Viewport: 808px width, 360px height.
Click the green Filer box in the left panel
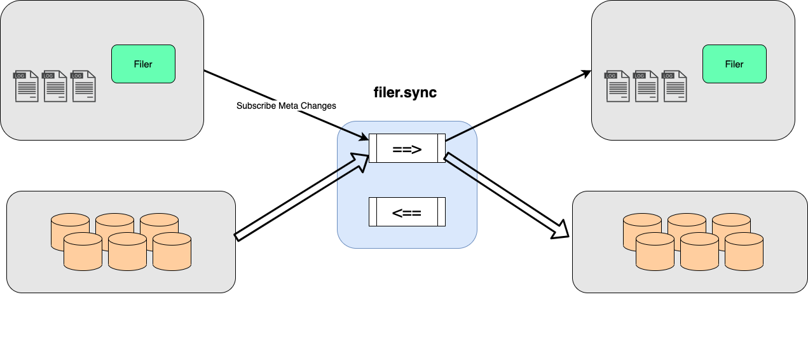pos(143,64)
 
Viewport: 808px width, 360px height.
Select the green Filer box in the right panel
pos(734,64)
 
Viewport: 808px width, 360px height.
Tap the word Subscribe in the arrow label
pos(256,106)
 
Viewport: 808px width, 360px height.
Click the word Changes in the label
pos(315,106)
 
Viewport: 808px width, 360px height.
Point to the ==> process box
pos(407,149)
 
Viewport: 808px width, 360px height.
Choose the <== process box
pos(407,212)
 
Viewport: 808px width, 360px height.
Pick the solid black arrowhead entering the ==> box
pos(364,137)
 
